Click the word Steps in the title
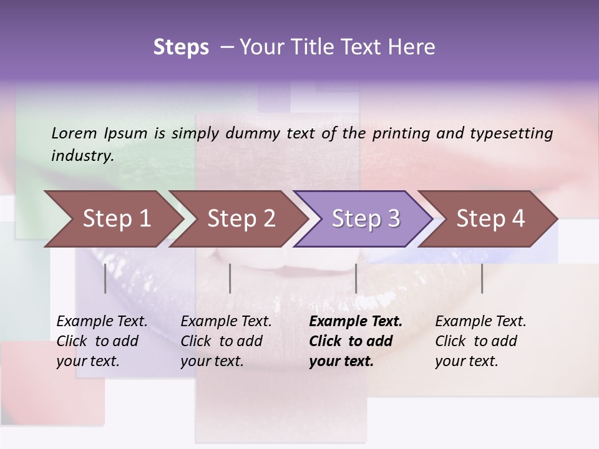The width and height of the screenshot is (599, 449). pos(181,47)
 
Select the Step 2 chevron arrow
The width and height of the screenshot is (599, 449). pos(237,219)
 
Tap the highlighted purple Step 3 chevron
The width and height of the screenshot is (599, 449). pos(362,219)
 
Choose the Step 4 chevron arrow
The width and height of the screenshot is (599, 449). pos(487,219)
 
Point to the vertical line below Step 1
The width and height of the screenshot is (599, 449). pos(105,278)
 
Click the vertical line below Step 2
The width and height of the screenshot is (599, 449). pos(230,278)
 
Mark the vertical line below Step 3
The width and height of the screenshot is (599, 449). pos(356,278)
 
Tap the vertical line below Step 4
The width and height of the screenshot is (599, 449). pos(482,278)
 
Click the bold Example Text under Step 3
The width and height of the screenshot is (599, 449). pos(356,322)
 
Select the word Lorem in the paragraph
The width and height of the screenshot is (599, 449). pos(74,133)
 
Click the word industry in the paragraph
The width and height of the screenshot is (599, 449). pos(82,155)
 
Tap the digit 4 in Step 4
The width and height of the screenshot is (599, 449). pos(518,219)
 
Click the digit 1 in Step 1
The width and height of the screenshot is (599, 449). pos(145,219)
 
